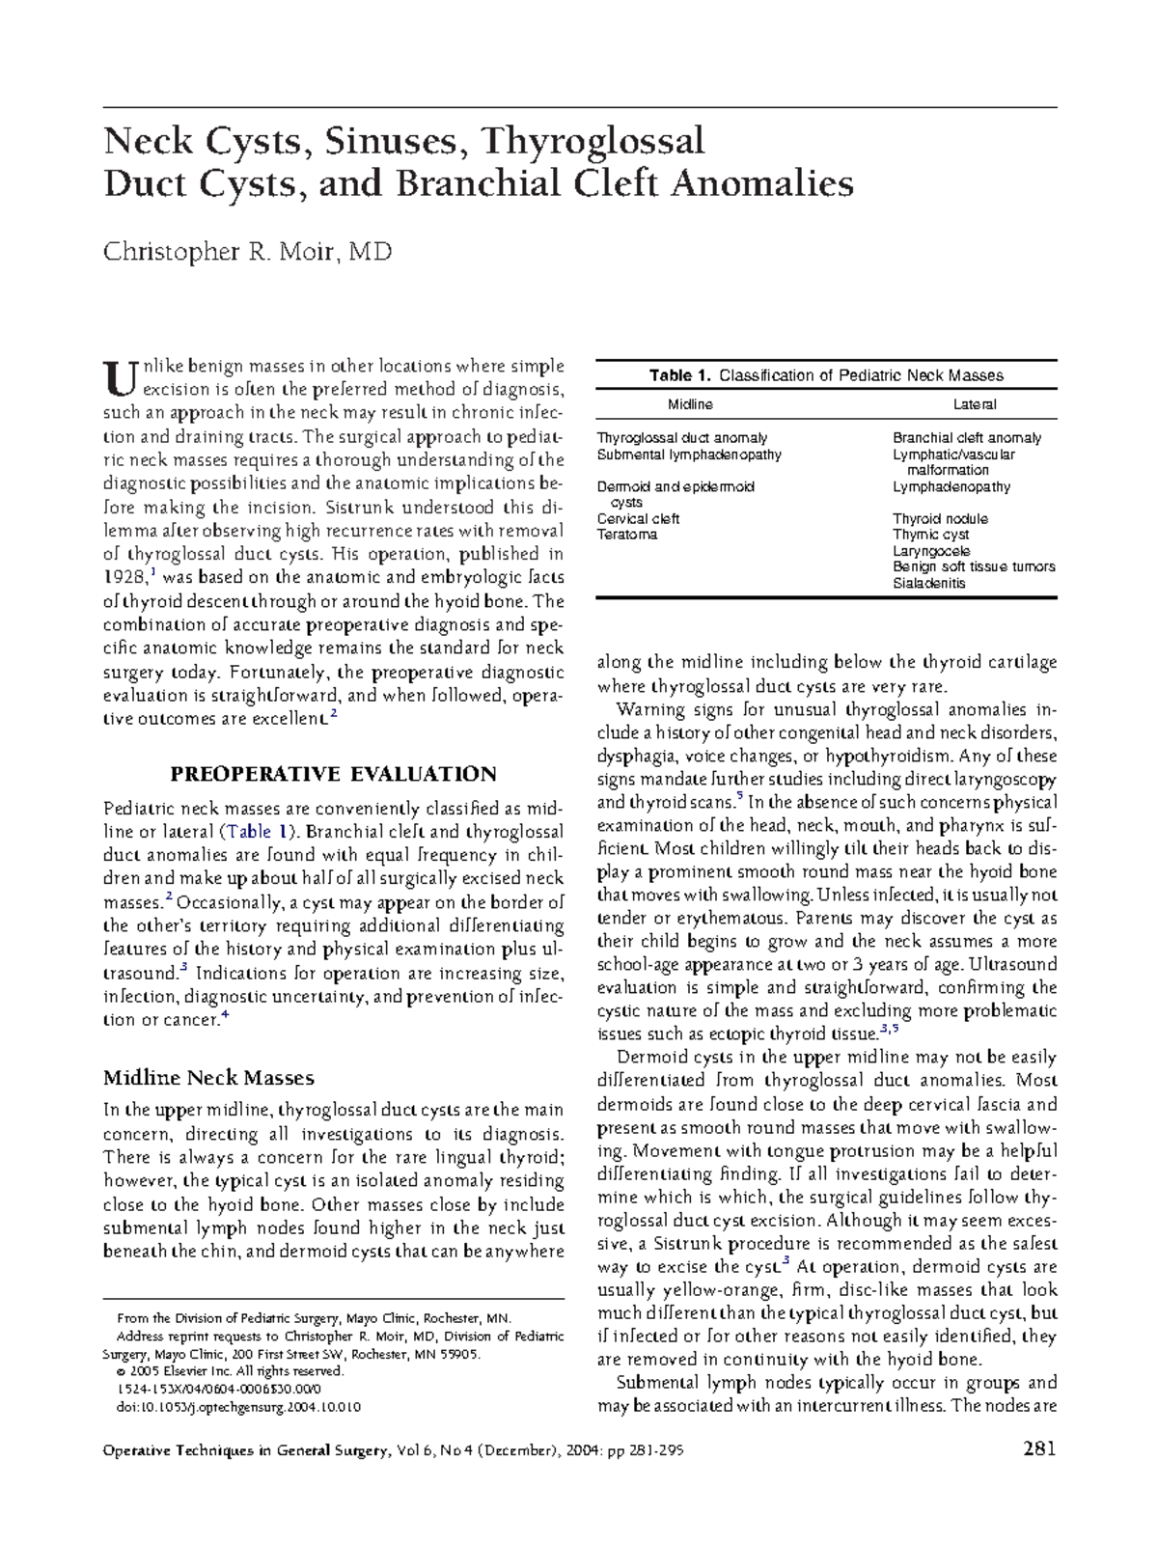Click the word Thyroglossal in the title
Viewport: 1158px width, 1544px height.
click(x=593, y=142)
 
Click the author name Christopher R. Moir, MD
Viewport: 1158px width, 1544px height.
click(x=247, y=253)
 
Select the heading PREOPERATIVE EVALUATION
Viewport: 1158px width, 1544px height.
click(x=333, y=774)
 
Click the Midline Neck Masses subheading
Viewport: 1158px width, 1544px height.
click(x=208, y=1077)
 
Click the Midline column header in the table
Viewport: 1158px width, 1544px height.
click(x=690, y=404)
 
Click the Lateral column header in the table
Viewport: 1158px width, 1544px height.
click(x=974, y=404)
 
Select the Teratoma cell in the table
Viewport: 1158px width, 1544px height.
click(x=626, y=535)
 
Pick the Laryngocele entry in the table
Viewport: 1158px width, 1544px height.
click(x=931, y=551)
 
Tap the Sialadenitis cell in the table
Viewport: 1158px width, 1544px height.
click(x=928, y=583)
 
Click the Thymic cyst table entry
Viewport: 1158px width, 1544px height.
click(x=930, y=535)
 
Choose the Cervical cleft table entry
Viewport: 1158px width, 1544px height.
click(x=638, y=519)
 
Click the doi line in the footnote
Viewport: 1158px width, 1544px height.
click(x=237, y=1407)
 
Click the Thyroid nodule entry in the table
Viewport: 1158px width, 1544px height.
click(x=940, y=519)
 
